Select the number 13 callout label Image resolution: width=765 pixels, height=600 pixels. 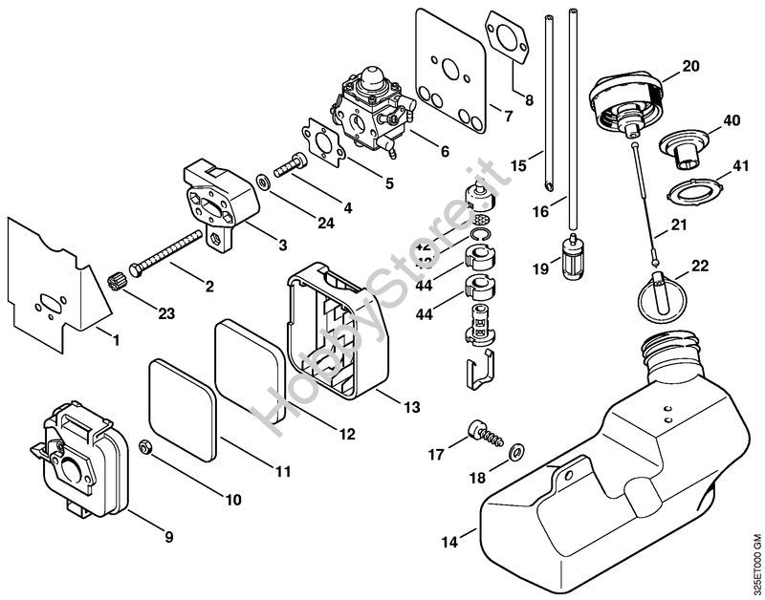pos(411,407)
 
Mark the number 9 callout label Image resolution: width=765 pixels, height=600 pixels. pos(169,537)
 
